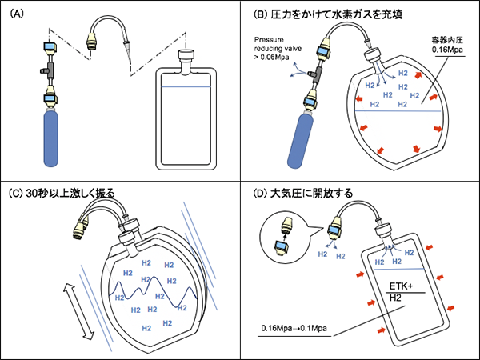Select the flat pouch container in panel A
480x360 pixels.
point(186,120)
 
